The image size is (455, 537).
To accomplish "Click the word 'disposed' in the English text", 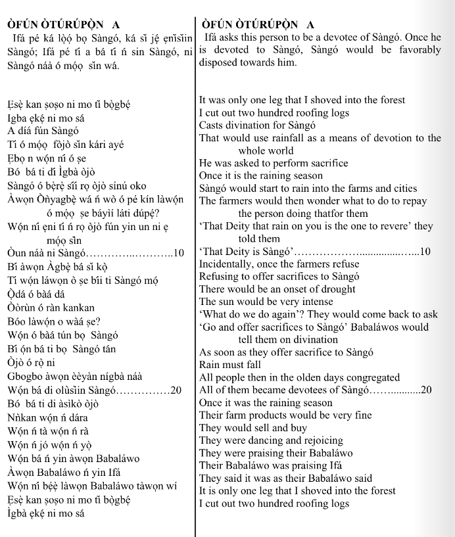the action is pos(220,63).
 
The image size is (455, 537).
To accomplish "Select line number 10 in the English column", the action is pos(424,252).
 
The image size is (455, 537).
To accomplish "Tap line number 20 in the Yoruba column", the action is pos(176,390).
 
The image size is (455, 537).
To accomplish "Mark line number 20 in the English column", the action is pos(425,390).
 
